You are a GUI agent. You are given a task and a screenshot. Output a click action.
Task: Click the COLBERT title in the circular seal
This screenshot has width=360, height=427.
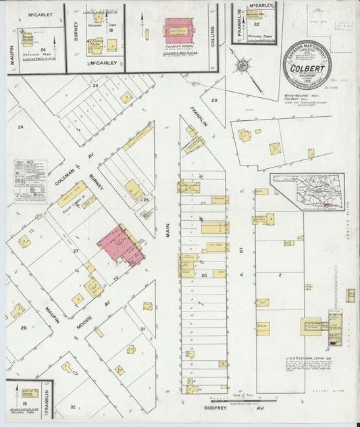point(307,68)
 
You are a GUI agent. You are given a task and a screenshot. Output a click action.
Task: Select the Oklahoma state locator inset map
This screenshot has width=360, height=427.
point(305,192)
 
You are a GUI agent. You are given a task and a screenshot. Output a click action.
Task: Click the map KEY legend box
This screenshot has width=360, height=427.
point(31,181)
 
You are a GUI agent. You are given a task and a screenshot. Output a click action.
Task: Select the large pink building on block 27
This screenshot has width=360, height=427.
point(122,244)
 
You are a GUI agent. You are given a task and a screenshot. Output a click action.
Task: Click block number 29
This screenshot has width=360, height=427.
point(215,100)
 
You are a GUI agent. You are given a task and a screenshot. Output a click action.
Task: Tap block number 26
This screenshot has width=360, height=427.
point(24,328)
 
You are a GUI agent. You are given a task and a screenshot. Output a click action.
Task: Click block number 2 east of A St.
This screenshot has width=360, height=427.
point(279,276)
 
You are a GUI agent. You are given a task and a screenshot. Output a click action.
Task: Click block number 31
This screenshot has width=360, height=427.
point(141,329)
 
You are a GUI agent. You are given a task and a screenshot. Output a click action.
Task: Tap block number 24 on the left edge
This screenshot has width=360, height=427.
point(20,127)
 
